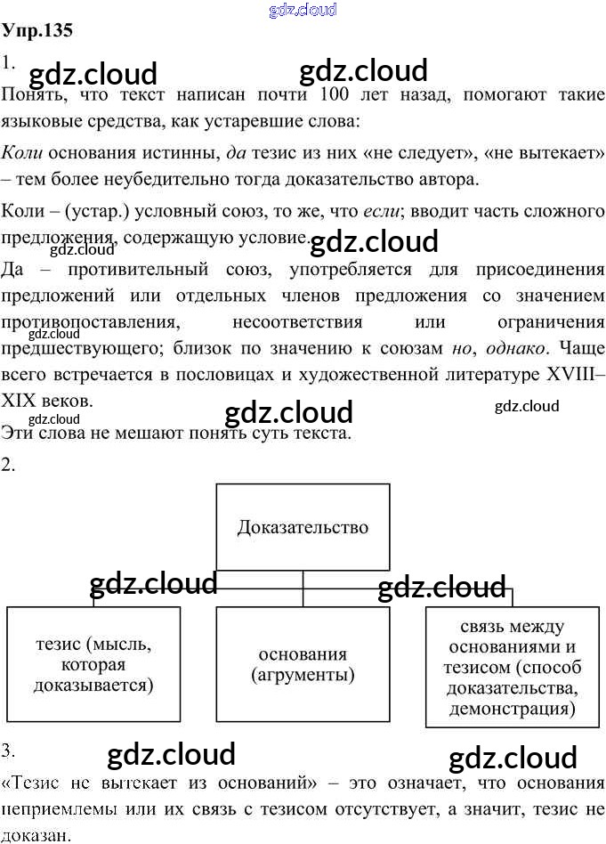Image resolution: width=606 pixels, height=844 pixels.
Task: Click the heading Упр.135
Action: coord(36,29)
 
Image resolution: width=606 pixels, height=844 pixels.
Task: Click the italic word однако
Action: coord(516,349)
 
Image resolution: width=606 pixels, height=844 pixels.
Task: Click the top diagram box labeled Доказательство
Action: coord(303,527)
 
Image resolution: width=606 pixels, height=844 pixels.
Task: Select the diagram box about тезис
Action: coord(93,663)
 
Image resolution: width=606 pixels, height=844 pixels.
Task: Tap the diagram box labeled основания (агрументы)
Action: coord(303,663)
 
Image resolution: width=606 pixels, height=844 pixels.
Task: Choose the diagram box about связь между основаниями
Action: coord(512,667)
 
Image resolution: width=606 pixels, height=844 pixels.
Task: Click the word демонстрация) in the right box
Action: coord(512,710)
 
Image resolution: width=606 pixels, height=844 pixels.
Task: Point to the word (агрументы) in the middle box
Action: coord(303,675)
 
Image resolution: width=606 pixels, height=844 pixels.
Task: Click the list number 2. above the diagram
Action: coord(9,465)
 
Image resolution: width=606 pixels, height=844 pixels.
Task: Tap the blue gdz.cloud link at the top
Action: coord(303,10)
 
